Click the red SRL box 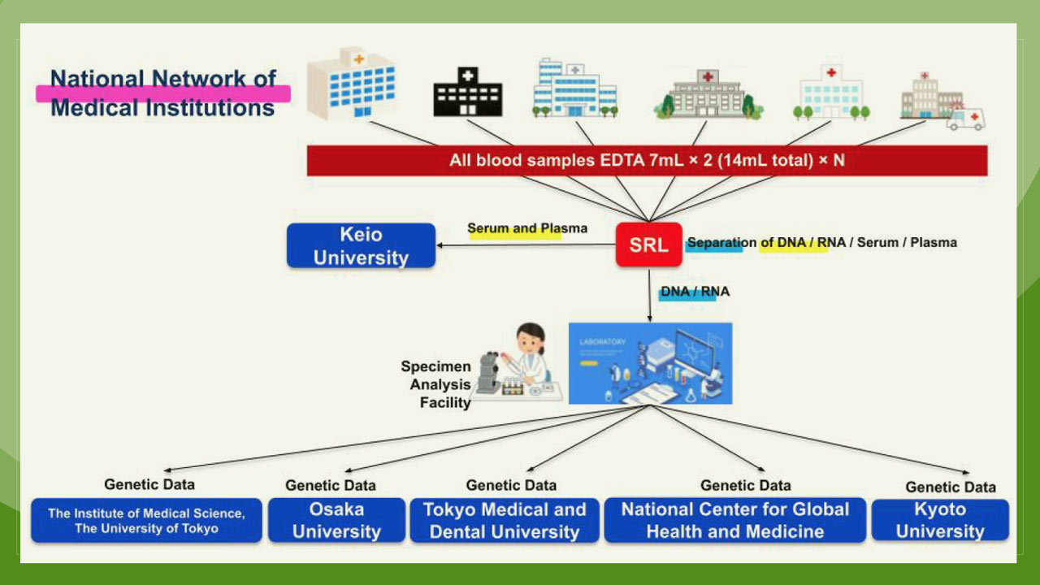click(x=648, y=245)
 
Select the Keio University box click(x=361, y=245)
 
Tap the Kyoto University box click(x=939, y=520)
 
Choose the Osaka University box click(x=336, y=520)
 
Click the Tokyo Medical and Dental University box click(x=505, y=520)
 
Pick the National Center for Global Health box click(x=734, y=520)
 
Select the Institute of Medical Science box click(x=146, y=520)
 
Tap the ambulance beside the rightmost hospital click(x=966, y=119)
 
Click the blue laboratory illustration click(x=650, y=363)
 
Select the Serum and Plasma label click(x=526, y=228)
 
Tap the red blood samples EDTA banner click(x=647, y=160)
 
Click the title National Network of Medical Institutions click(x=162, y=93)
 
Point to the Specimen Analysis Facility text click(x=437, y=384)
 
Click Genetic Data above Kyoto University click(x=950, y=487)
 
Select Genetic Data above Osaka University click(x=330, y=485)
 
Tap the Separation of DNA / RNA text click(x=821, y=242)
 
